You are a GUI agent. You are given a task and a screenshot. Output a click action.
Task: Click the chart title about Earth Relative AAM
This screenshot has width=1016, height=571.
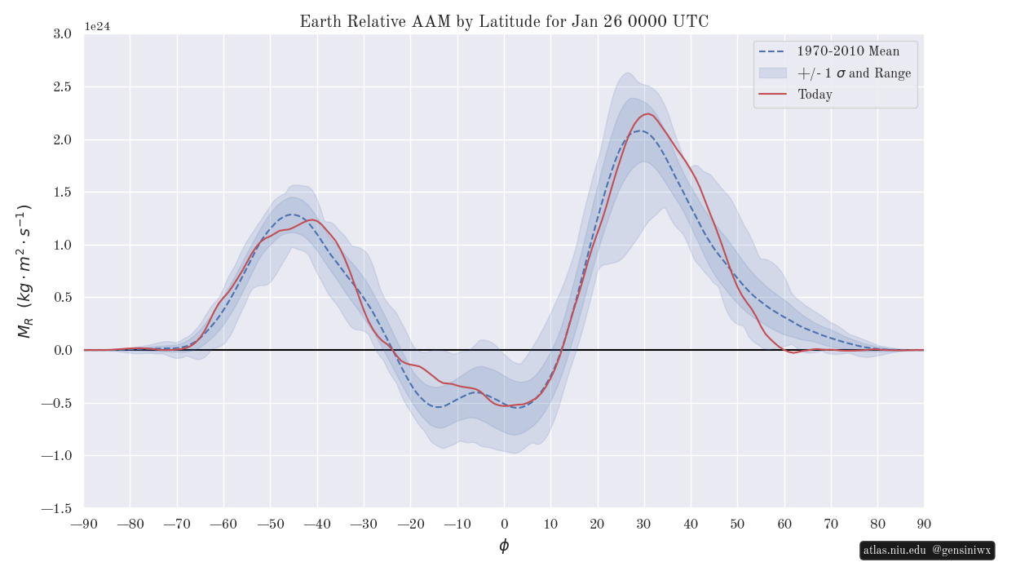coord(504,22)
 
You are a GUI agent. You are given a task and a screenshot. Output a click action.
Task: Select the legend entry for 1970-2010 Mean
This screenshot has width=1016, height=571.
coord(848,51)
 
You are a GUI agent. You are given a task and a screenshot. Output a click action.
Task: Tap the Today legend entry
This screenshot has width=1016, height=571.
coord(815,95)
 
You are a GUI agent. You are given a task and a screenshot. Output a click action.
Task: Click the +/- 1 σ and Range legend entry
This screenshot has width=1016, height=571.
coord(854,73)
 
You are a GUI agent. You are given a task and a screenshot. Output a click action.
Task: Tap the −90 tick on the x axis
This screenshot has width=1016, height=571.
coord(84,524)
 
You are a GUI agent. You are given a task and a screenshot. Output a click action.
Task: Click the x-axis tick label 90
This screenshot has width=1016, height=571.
coord(924,524)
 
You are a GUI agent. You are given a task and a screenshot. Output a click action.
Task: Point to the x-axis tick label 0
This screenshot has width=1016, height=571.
coord(504,524)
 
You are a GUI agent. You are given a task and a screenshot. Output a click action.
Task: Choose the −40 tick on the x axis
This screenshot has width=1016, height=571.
coord(317,524)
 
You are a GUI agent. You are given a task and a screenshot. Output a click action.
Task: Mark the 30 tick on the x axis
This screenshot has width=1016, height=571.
coord(644,524)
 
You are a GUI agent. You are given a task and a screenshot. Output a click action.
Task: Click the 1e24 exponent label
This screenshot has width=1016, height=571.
coord(97,27)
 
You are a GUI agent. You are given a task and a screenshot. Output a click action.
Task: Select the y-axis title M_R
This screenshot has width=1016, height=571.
coord(24,271)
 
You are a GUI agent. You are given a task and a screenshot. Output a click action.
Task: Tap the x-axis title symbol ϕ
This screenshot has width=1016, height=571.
coord(504,546)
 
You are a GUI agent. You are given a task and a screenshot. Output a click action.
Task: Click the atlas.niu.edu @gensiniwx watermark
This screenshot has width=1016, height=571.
coord(927,551)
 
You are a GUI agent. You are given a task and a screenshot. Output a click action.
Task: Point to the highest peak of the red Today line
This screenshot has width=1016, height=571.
coord(648,113)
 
